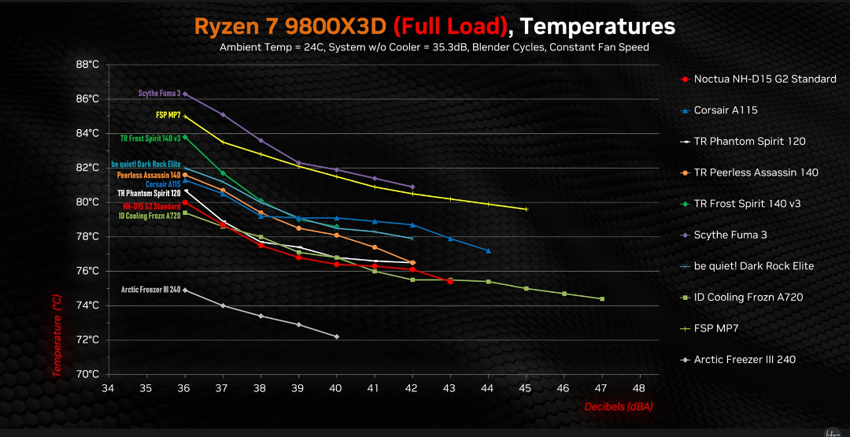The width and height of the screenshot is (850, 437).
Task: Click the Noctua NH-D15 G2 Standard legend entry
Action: [x=764, y=80]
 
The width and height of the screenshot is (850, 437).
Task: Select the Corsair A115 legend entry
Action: [x=725, y=110]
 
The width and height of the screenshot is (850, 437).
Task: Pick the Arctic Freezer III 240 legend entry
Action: [x=744, y=360]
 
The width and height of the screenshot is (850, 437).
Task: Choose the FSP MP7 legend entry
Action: [x=717, y=328]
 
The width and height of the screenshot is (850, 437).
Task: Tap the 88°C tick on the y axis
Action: [x=87, y=65]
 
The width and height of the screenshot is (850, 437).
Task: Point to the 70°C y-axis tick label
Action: [x=87, y=375]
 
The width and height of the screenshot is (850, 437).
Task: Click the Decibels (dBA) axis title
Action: [x=618, y=407]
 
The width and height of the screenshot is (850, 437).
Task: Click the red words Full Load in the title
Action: [x=449, y=26]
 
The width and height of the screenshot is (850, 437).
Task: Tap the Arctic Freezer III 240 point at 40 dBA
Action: [x=337, y=337]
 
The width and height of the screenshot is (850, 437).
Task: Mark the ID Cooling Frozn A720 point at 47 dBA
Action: [x=602, y=299]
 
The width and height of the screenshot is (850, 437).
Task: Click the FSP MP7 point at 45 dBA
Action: [x=526, y=209]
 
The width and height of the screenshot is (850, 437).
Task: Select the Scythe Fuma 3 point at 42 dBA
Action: [x=412, y=187]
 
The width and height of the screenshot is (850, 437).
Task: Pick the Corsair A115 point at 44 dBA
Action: [x=489, y=251]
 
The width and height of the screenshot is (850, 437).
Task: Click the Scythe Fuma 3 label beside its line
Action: [x=159, y=93]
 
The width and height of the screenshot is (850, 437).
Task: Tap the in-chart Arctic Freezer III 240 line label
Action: [x=150, y=290]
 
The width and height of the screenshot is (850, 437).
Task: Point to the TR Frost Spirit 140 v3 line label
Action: [x=150, y=138]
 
